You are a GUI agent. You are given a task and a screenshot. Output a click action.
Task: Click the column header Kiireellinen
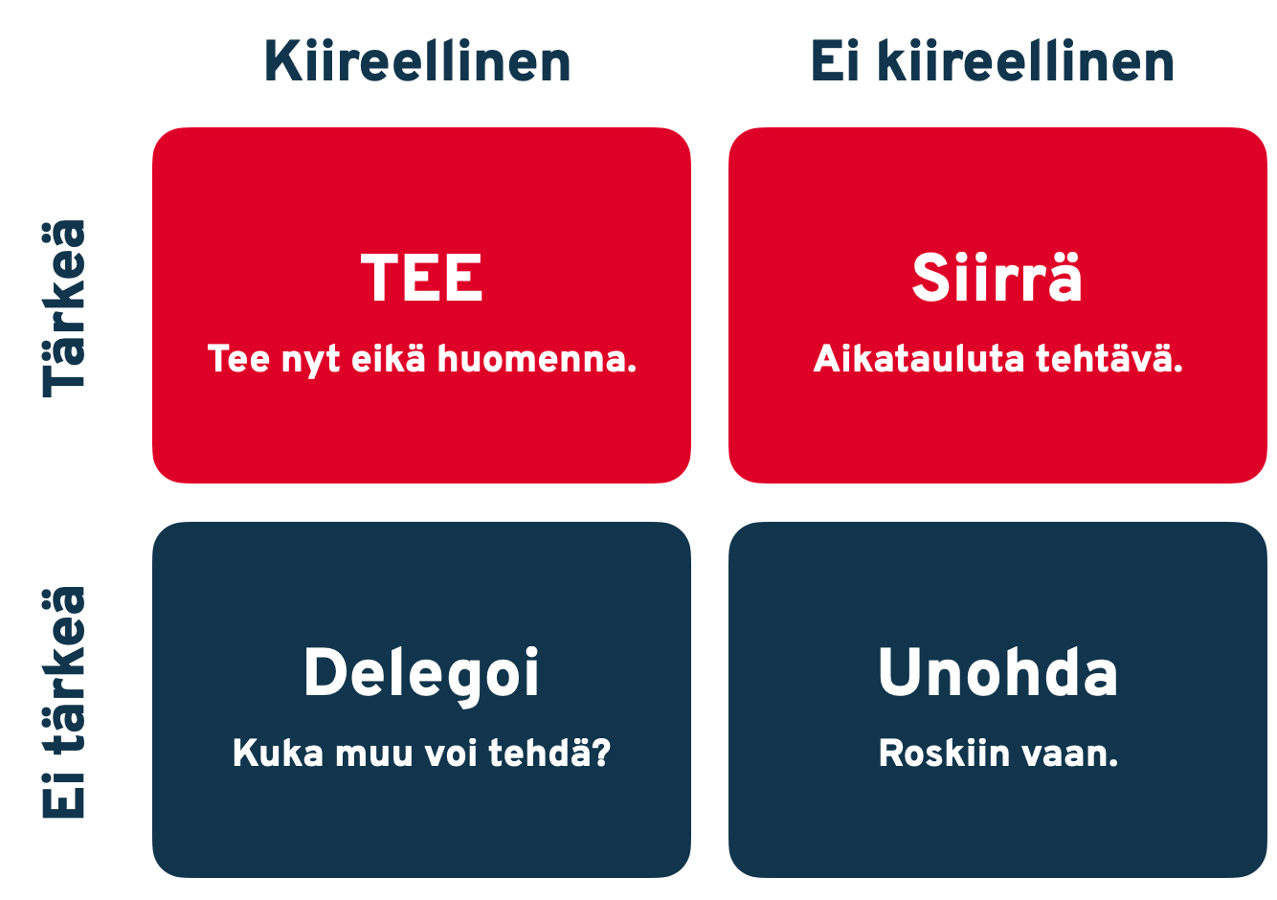417,62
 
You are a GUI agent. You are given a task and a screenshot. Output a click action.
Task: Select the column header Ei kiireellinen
992,62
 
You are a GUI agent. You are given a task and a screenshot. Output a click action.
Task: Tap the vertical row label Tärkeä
65,308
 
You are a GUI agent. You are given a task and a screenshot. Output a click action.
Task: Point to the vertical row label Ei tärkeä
65,702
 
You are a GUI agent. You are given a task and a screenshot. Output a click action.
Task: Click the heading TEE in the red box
422,279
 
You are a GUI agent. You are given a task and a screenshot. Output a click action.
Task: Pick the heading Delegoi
421,673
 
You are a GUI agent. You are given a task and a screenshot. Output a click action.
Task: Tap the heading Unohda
997,672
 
